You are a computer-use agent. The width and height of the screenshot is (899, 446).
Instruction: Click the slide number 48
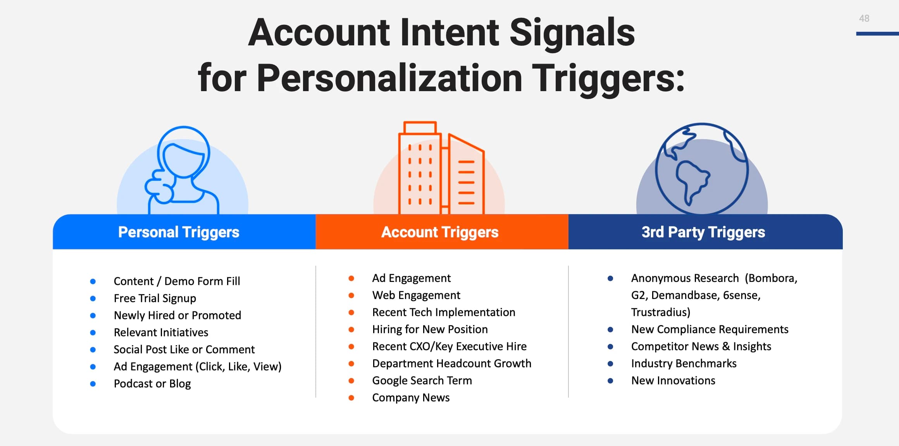pos(864,18)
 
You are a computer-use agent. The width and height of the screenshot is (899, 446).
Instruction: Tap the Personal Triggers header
pos(179,232)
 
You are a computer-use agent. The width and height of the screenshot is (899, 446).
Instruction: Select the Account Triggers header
pos(440,232)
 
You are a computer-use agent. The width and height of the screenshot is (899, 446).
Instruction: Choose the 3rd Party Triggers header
pos(703,232)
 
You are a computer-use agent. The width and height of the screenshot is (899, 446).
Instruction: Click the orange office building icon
pos(441,168)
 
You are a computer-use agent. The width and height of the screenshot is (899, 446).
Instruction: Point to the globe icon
pos(702,169)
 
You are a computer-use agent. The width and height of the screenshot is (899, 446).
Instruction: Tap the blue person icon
pos(182,170)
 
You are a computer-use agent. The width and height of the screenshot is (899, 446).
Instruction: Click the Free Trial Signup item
pos(155,298)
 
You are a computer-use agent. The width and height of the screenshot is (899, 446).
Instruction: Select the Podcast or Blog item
pos(152,384)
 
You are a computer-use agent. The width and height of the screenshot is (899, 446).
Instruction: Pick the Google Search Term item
pos(422,380)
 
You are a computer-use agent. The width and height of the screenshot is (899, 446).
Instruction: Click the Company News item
pos(411,398)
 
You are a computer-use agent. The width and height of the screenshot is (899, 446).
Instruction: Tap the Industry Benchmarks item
pos(684,363)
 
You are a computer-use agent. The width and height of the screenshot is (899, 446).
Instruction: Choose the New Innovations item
pos(673,380)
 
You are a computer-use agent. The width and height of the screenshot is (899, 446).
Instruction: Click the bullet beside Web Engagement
pos(351,296)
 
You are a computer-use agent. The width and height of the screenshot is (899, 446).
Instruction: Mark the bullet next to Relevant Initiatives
pos(93,333)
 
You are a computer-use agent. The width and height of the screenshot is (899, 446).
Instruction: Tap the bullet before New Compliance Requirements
pos(610,330)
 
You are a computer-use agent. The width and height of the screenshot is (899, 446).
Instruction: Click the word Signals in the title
pos(572,33)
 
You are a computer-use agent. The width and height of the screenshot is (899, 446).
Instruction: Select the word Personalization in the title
pos(389,78)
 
